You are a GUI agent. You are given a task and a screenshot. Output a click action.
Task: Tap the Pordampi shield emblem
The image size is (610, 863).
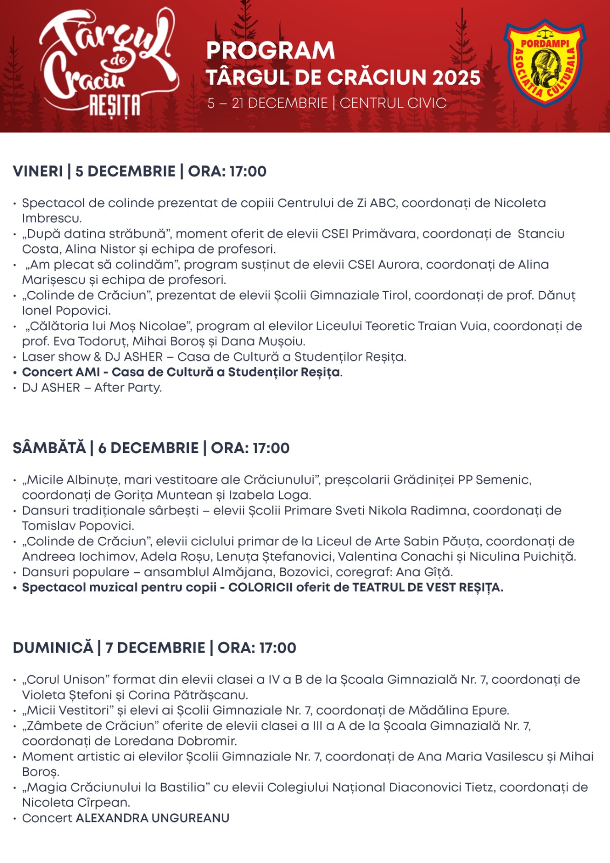(544, 64)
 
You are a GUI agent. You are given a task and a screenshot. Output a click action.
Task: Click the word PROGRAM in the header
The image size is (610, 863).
(270, 51)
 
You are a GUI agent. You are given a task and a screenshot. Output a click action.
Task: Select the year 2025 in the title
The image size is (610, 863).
(456, 78)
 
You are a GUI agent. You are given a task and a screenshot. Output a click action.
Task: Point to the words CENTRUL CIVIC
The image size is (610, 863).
(393, 103)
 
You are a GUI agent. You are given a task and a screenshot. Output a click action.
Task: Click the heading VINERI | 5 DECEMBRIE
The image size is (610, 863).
(94, 172)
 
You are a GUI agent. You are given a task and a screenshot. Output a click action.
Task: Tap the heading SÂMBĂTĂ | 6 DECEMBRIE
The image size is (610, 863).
(106, 448)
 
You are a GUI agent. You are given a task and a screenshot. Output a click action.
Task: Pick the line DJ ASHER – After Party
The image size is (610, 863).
(92, 387)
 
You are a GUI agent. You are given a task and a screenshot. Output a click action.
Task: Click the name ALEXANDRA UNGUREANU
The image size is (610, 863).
(153, 818)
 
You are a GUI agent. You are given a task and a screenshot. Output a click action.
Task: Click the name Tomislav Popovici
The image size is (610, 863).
(78, 526)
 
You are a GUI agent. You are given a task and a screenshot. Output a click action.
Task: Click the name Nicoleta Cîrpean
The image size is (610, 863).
(76, 803)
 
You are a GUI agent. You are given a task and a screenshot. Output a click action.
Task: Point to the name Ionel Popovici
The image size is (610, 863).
(66, 311)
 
